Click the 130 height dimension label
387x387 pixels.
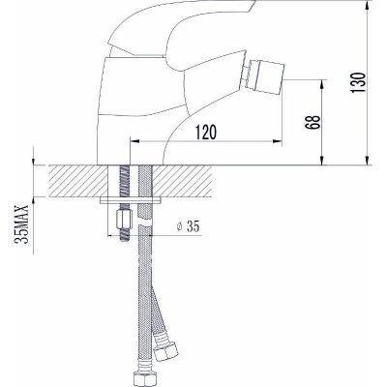click(358, 82)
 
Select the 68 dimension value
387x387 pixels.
click(313, 122)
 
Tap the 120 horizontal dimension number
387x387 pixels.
click(205, 133)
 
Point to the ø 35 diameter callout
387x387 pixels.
click(188, 226)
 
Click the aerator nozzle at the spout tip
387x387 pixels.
click(266, 75)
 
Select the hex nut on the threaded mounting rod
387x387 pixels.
click(123, 219)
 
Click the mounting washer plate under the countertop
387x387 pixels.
click(131, 200)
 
